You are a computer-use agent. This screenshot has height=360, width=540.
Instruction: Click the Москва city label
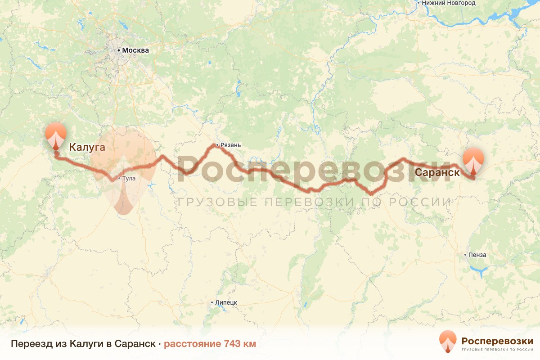[135, 50]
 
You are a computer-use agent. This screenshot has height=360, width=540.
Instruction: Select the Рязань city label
[230, 145]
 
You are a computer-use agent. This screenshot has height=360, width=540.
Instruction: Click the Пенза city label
[477, 255]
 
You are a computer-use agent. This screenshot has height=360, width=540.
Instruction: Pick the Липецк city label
[226, 302]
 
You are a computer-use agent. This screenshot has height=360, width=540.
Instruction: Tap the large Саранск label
[437, 172]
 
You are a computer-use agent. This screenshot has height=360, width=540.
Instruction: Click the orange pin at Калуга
[56, 134]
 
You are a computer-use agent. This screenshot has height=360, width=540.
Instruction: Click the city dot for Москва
[119, 50]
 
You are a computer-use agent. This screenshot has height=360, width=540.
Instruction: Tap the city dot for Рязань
[217, 145]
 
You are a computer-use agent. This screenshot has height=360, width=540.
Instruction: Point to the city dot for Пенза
[465, 255]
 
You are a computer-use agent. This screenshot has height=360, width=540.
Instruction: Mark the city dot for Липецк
[212, 302]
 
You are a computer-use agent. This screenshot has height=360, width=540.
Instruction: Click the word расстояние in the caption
[192, 344]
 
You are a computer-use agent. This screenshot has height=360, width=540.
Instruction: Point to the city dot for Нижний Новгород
[418, 3]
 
